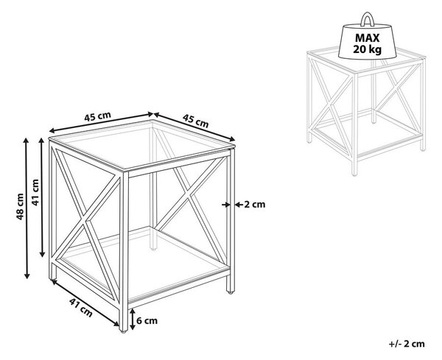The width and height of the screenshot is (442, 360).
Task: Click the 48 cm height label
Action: coord(20,206)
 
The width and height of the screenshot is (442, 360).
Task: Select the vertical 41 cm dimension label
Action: coord(35,192)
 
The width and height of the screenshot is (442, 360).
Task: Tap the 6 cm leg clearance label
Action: coord(147,320)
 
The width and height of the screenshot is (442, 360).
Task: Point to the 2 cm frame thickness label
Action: coord(255,205)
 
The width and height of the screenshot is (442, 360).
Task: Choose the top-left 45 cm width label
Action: coord(97,116)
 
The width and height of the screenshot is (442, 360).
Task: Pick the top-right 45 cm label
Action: coord(196,120)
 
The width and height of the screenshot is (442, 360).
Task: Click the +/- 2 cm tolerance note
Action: coord(407,344)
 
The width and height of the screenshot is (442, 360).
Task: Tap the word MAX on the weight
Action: coord(367,38)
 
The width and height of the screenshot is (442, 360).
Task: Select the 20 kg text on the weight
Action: coord(368,49)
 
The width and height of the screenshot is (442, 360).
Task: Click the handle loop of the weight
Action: coord(368,19)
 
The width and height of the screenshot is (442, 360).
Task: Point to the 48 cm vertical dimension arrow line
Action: coord(27,208)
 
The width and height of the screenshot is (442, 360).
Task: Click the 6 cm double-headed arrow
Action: coord(133,320)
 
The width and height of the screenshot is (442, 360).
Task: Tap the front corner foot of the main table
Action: coord(123,331)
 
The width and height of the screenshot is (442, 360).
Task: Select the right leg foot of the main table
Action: coord(231,292)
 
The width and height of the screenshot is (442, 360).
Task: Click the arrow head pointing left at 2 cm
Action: coord(238,205)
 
